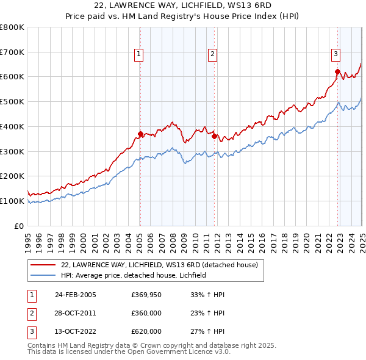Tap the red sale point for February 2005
(140, 134)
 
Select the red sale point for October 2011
(215, 136)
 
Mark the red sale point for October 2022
(337, 71)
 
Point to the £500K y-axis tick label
(12, 101)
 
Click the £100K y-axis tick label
(12, 201)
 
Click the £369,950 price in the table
(146, 295)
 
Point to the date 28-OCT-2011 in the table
(76, 313)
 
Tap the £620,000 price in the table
(146, 331)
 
